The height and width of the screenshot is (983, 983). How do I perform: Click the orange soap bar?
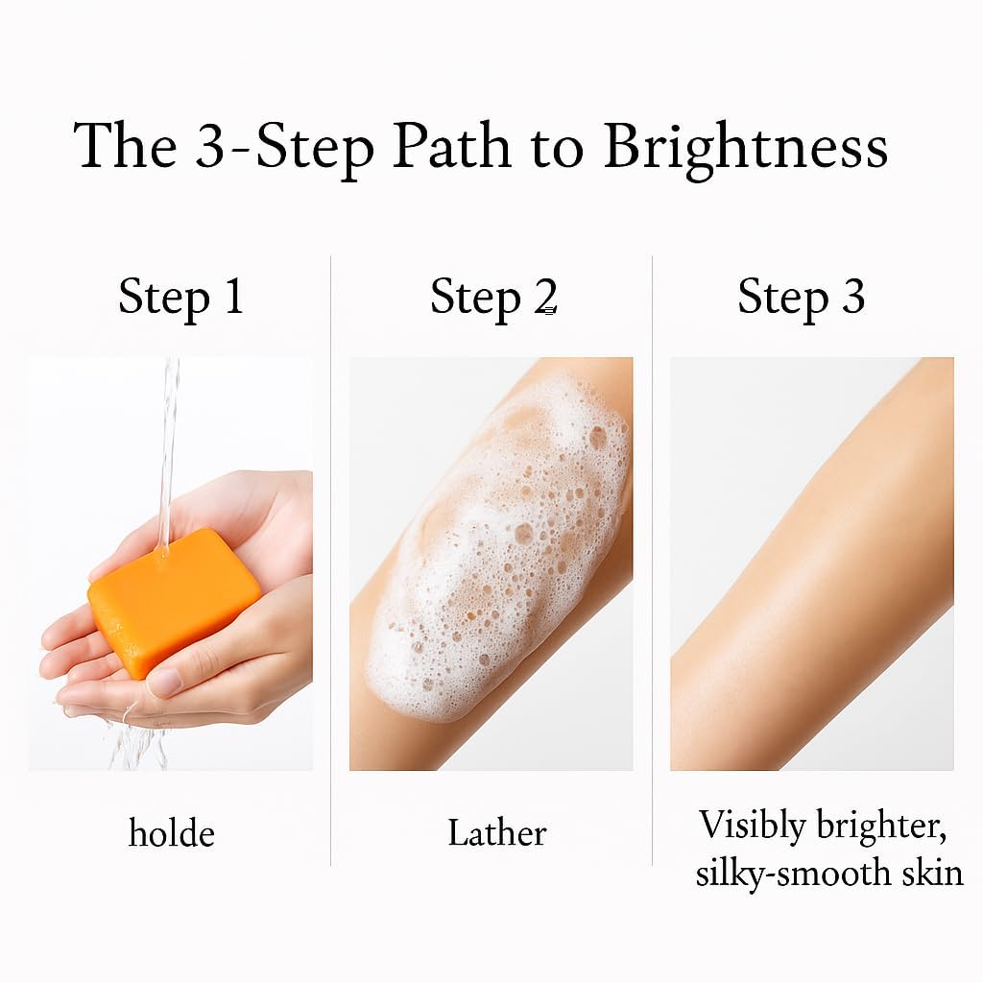coord(174,602)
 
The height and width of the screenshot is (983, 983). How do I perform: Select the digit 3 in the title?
coord(209,147)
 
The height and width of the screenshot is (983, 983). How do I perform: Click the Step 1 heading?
coord(180,298)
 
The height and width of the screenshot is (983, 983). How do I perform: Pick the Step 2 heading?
coord(493,298)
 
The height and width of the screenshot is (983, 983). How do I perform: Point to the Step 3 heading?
coord(802,298)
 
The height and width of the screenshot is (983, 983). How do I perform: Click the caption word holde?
coord(171,833)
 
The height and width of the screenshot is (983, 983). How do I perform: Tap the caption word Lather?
coord(497,833)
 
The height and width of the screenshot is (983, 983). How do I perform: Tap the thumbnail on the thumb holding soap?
coord(165,683)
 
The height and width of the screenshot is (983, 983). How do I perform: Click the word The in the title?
coord(125,146)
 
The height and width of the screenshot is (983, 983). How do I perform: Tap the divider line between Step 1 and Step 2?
coord(330,560)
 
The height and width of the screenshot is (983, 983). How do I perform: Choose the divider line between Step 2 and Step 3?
coord(652,560)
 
